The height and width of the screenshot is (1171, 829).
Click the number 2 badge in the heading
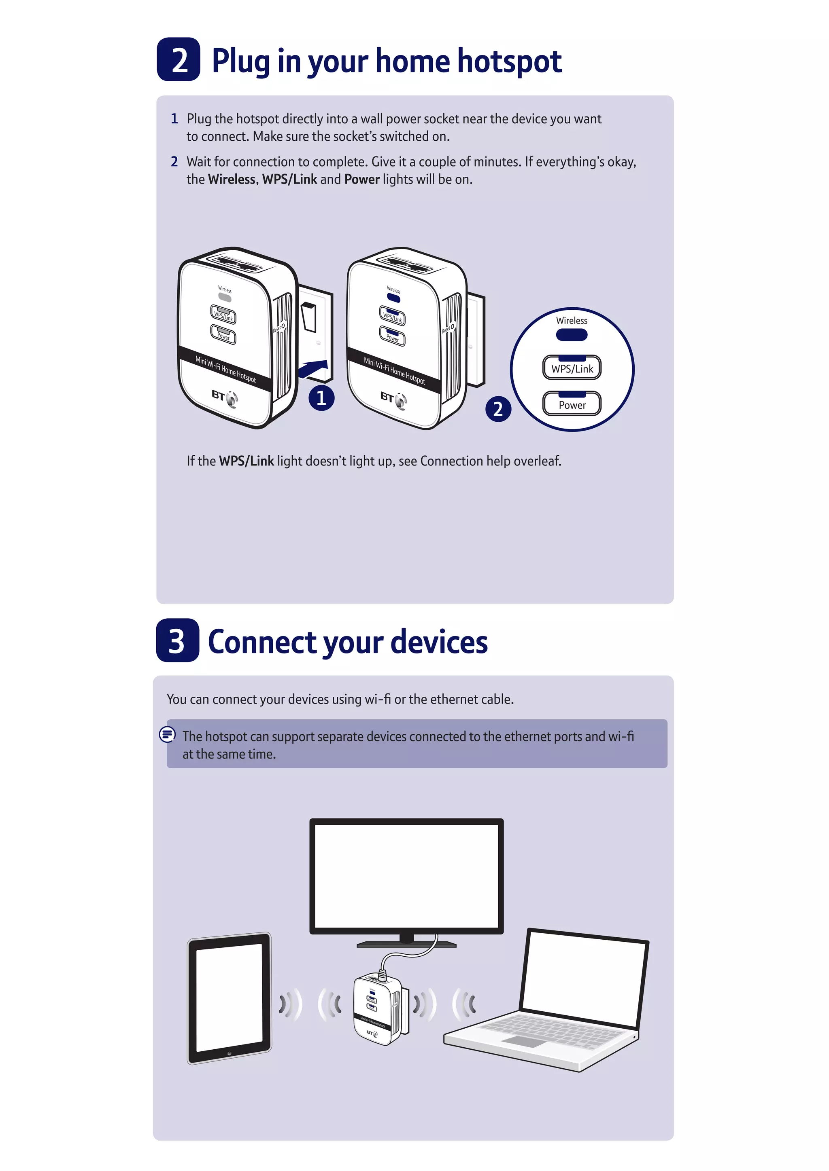[x=178, y=60]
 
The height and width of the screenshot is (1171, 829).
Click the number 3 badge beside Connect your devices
[x=177, y=640]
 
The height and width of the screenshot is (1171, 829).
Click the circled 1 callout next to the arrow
[x=321, y=398]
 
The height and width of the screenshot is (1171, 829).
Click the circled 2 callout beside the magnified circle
[x=498, y=409]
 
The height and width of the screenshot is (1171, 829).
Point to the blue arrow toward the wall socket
[x=312, y=369]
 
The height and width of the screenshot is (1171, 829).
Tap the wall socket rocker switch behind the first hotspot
[x=308, y=317]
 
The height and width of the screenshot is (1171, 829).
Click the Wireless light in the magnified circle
[x=572, y=334]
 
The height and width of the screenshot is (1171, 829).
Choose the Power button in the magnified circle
[x=572, y=404]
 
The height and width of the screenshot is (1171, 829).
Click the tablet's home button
[x=229, y=1053]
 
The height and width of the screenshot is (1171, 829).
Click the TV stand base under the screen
[x=406, y=944]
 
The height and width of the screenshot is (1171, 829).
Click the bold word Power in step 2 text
[x=362, y=180]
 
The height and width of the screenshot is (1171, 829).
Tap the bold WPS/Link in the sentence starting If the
[x=247, y=461]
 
